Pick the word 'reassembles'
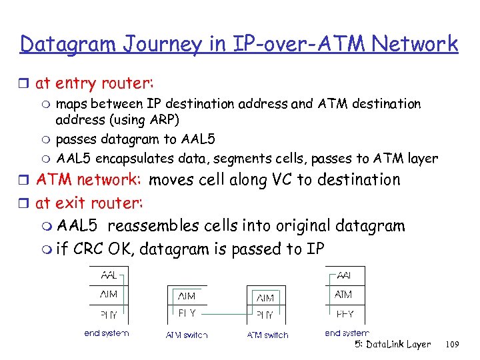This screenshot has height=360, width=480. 161,226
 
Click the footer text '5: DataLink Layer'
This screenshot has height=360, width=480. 393,345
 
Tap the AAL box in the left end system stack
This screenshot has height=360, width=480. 108,275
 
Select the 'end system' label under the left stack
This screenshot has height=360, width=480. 107,333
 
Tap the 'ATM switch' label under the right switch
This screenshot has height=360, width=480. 267,335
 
